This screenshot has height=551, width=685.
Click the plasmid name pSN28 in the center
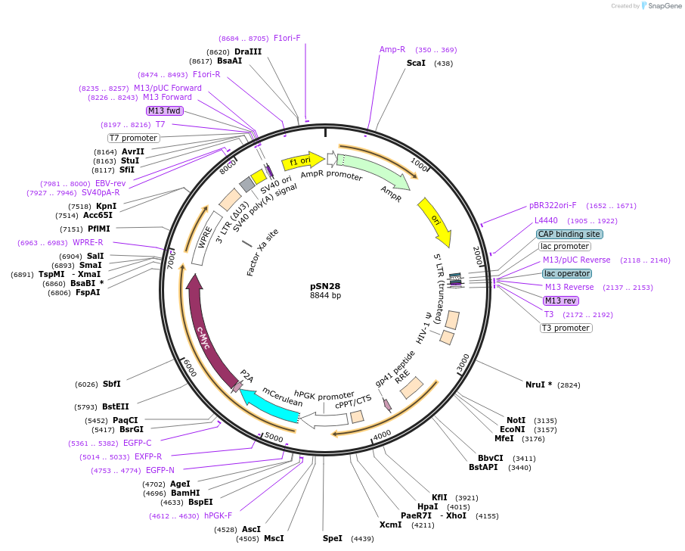[325, 286]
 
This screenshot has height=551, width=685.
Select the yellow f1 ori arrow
[297, 162]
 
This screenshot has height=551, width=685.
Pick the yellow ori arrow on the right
[436, 220]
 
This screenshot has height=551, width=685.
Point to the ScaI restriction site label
[416, 63]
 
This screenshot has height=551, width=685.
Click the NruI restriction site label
[538, 384]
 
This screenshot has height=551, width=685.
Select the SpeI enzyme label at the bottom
[333, 538]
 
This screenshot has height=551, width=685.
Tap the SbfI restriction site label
[111, 384]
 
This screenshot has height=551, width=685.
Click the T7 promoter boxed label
[133, 138]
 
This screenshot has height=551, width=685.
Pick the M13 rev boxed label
[560, 300]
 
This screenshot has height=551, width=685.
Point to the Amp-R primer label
[392, 49]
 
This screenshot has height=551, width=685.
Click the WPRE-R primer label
[88, 242]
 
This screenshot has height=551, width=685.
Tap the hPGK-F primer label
[218, 515]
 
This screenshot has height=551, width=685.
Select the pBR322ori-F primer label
[552, 205]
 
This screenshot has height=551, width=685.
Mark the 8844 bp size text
[325, 296]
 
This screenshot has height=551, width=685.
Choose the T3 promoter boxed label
[566, 328]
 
